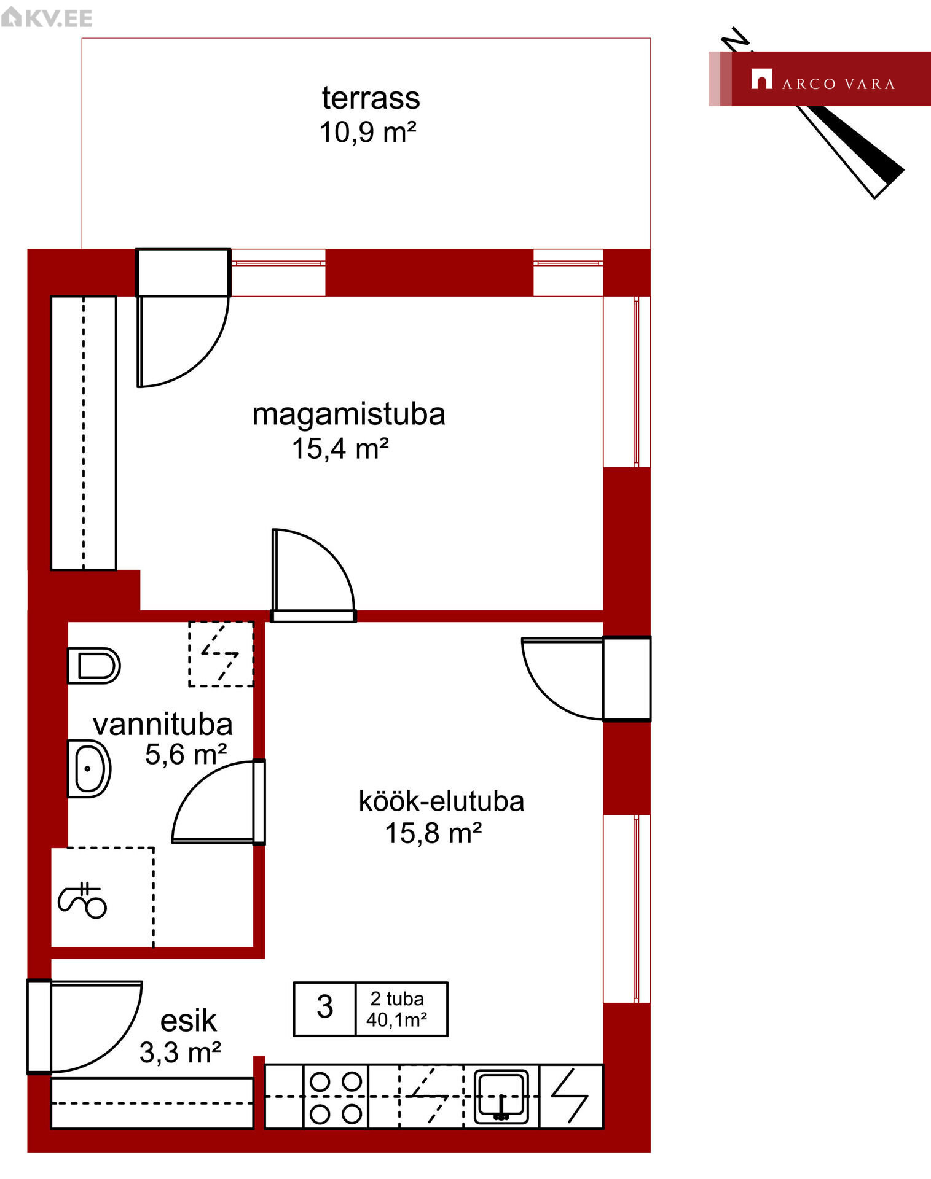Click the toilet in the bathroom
pyautogui.click(x=93, y=666)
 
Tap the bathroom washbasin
pyautogui.click(x=89, y=768)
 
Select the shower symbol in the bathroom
pyautogui.click(x=82, y=900)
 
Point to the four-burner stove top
pyautogui.click(x=336, y=1097)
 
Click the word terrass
pyautogui.click(x=371, y=98)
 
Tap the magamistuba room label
pyautogui.click(x=348, y=414)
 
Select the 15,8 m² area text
pyautogui.click(x=433, y=833)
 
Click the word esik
pyautogui.click(x=188, y=1021)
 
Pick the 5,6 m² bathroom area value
pyautogui.click(x=186, y=754)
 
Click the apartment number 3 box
pyautogui.click(x=324, y=1009)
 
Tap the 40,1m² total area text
pyautogui.click(x=396, y=1020)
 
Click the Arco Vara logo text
pyautogui.click(x=838, y=84)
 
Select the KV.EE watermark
pyautogui.click(x=47, y=18)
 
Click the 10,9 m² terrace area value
pyautogui.click(x=367, y=132)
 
